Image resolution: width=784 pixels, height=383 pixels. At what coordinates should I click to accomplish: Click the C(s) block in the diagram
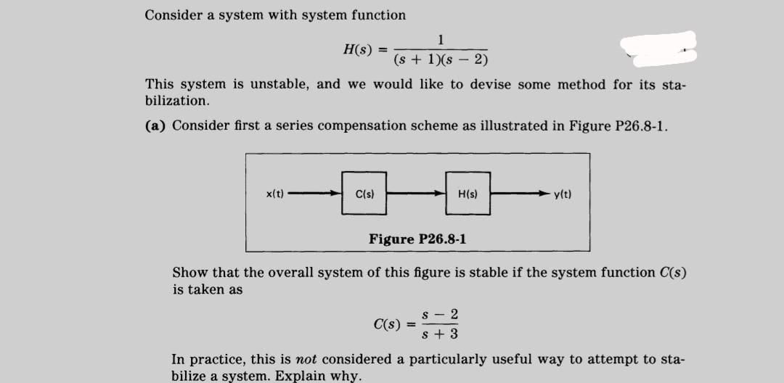[x=364, y=194]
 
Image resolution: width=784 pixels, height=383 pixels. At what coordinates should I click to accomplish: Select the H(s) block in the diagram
[x=467, y=194]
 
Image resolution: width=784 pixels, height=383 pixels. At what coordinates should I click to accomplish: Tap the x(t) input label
[x=275, y=194]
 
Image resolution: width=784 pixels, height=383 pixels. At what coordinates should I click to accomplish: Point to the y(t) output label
[x=563, y=194]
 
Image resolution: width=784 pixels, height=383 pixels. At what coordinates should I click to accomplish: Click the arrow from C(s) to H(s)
[x=416, y=194]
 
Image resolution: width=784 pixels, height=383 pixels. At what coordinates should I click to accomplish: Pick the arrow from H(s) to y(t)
[x=520, y=194]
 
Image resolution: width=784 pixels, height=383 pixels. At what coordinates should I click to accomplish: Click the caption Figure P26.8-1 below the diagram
[x=417, y=239]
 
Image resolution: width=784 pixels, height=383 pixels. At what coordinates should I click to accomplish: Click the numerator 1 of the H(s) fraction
[x=441, y=39]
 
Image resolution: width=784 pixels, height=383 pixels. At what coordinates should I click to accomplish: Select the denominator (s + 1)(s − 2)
[x=441, y=59]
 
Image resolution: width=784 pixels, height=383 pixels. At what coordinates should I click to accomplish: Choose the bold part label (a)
[x=156, y=125]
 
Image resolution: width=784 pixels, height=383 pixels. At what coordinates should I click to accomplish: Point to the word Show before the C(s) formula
[x=189, y=273]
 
